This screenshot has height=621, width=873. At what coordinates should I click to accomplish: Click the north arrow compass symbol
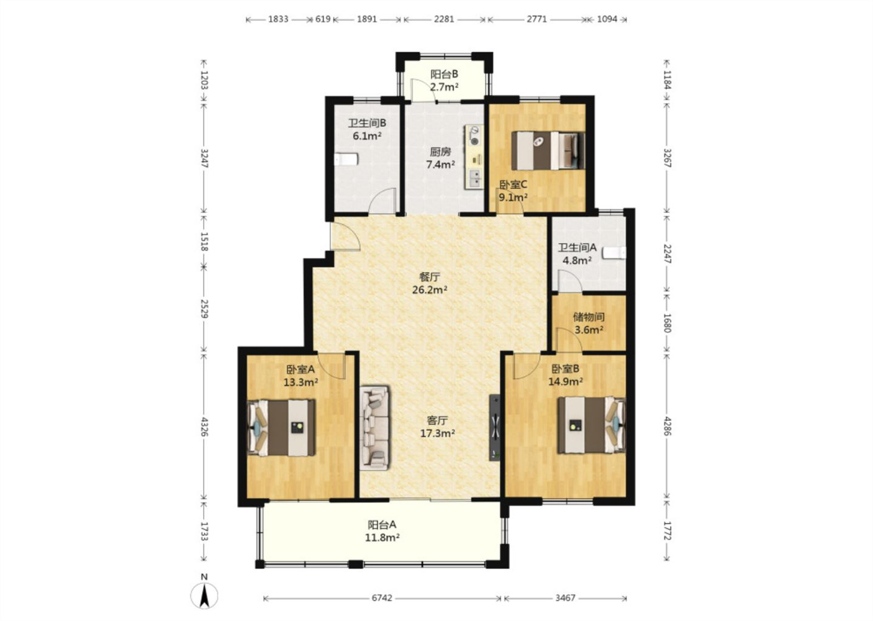(x=204, y=594)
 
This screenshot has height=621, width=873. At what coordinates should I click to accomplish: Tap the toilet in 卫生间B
(x=346, y=160)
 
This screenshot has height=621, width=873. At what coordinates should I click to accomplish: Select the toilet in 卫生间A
(x=614, y=253)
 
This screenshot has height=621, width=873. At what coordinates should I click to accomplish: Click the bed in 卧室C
(x=548, y=150)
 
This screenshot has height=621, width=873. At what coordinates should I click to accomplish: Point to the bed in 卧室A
(x=281, y=428)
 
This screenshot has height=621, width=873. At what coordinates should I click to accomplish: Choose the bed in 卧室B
(x=591, y=425)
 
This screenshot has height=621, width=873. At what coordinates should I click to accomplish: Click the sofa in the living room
(x=374, y=428)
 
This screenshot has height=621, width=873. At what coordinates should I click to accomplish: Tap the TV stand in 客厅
(x=495, y=428)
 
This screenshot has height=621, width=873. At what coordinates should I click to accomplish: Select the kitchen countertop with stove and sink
(x=474, y=157)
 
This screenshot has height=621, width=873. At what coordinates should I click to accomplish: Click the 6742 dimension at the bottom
(x=381, y=597)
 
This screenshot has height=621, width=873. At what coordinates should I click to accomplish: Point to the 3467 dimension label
(x=565, y=597)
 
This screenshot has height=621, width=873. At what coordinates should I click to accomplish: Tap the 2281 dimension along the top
(x=444, y=19)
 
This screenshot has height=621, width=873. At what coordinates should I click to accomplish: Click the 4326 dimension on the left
(x=204, y=427)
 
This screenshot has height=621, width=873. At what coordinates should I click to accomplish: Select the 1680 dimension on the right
(x=667, y=323)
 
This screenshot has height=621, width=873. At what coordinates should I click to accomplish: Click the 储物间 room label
(x=589, y=317)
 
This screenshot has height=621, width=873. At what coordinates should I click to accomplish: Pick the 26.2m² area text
(x=430, y=290)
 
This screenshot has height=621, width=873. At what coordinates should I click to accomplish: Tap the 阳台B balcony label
(x=444, y=74)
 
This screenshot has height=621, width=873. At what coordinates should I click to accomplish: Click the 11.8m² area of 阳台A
(x=382, y=538)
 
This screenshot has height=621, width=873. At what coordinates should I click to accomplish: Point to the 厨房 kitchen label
(x=440, y=152)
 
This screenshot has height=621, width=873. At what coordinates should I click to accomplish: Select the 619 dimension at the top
(x=323, y=19)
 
